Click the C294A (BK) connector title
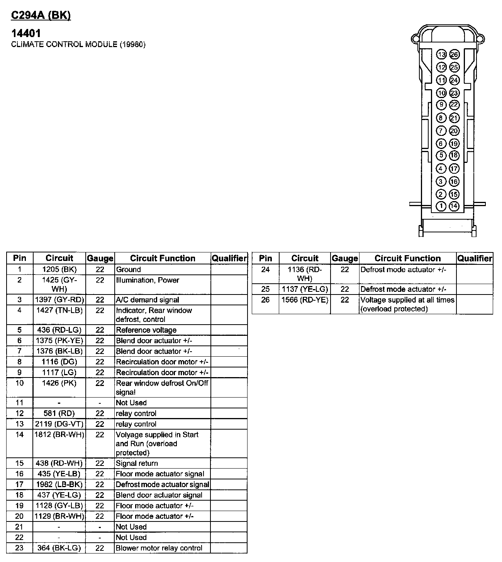coord(41,15)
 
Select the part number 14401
coord(26,34)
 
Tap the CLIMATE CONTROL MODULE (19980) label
coord(78,44)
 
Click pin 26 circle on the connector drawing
coord(454,54)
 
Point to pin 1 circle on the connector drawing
coord(441,206)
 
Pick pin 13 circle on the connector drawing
coord(441,54)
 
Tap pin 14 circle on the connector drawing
coord(454,206)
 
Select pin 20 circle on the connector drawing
coord(454,131)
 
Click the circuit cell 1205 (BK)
coord(59,269)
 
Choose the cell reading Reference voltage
coord(146,330)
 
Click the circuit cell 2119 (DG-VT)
coord(59,424)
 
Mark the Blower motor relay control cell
coord(159,548)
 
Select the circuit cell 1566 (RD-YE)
coord(305,300)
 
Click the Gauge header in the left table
coord(100,258)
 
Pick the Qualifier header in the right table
coord(475,258)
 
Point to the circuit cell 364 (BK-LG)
coord(59,548)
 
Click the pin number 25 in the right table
coord(265,289)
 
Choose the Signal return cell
coord(137,463)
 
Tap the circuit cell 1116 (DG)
coord(59,362)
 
